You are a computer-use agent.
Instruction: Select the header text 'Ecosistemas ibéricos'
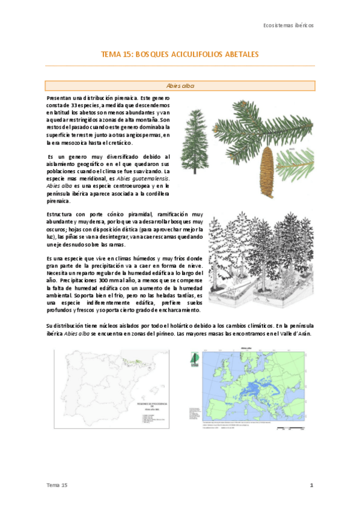click(288, 25)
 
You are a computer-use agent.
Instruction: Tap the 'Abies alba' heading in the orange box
click(180, 86)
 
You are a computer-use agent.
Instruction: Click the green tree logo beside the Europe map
click(194, 358)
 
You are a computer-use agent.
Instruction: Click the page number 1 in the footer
click(312, 485)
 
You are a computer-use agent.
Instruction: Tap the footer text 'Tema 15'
click(58, 485)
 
